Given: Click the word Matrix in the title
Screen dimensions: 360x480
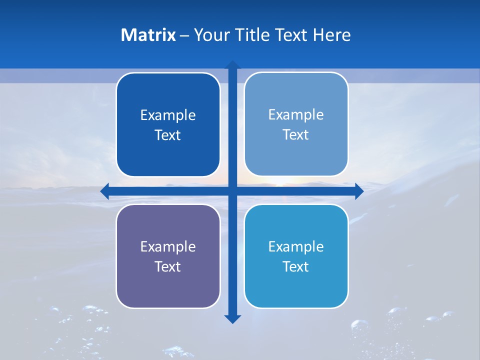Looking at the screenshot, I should [x=148, y=35].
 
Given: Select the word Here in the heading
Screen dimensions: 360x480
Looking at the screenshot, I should [x=332, y=35].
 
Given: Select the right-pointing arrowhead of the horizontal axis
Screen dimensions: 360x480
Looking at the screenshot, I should [x=359, y=191].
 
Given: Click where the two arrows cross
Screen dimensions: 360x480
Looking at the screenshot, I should [x=232, y=191].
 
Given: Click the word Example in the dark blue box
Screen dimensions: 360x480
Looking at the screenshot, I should [x=168, y=115].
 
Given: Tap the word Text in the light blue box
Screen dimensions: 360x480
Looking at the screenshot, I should [x=296, y=135].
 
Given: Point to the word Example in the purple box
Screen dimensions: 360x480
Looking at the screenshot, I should [x=168, y=246].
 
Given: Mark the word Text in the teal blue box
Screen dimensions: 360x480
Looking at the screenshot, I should [x=296, y=266].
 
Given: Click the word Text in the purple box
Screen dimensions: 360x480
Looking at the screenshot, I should [x=168, y=266].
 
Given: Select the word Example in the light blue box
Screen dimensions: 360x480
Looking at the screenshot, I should [x=296, y=115].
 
